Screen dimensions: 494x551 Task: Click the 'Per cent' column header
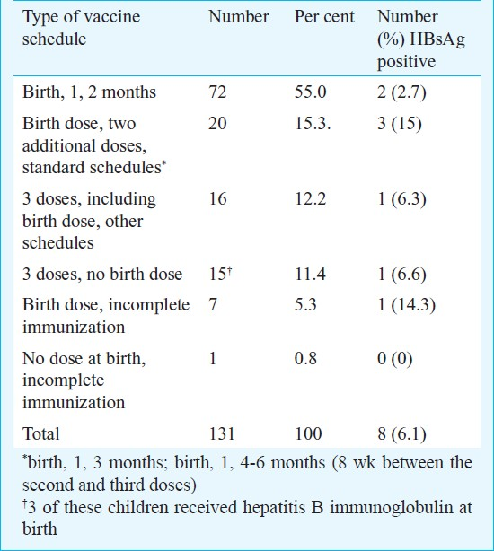click(324, 17)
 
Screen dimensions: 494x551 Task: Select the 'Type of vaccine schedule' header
click(81, 28)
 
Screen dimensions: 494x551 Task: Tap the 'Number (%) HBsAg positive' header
click(421, 39)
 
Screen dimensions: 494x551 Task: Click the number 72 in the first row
click(217, 92)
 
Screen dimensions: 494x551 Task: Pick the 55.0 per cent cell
click(311, 92)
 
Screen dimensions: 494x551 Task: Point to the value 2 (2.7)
click(401, 92)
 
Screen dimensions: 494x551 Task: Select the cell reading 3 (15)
click(400, 124)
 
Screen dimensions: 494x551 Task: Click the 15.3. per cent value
click(313, 124)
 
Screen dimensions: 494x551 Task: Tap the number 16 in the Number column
click(217, 199)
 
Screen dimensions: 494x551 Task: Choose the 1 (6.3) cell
click(401, 199)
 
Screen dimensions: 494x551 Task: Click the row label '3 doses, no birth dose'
click(102, 274)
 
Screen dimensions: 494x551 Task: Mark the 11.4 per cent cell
click(311, 274)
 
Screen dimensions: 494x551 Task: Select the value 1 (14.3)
click(406, 305)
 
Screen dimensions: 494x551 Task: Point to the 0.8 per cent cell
click(305, 358)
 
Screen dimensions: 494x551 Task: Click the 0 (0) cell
click(395, 359)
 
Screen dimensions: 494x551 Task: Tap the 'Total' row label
click(40, 433)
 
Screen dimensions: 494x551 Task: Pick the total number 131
click(222, 433)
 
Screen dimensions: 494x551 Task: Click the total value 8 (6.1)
click(401, 434)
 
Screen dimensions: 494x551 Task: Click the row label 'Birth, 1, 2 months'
click(89, 92)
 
